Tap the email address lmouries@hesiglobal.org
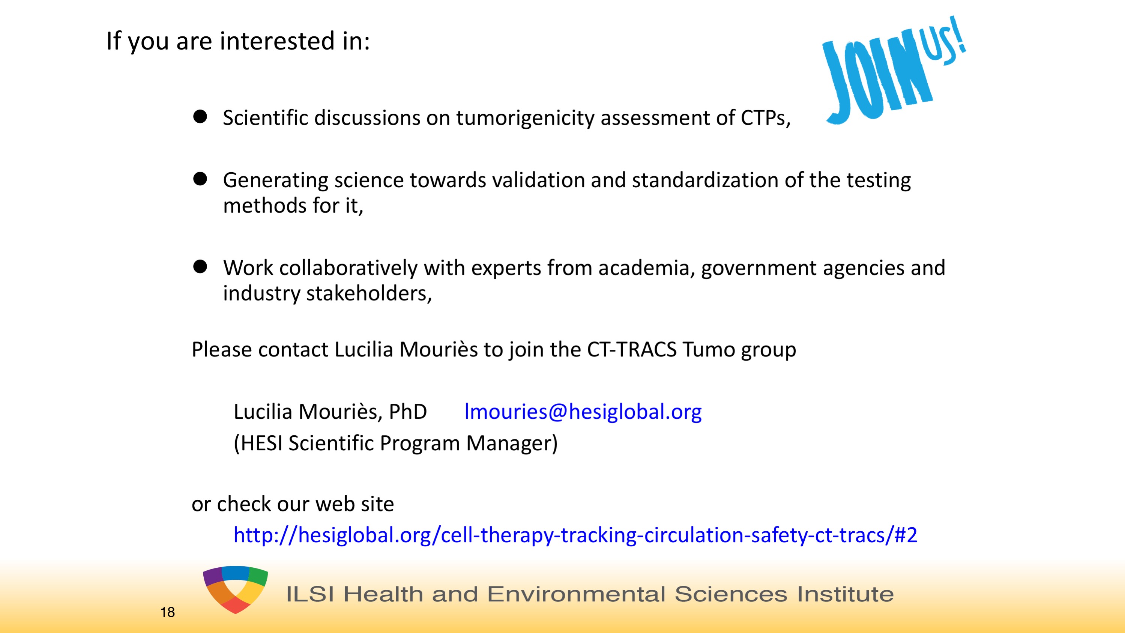[x=583, y=412]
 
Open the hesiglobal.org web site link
[x=575, y=535]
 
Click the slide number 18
[x=168, y=612]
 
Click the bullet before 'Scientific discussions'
[x=200, y=116]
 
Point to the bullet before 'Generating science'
[x=200, y=179]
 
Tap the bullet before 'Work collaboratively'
[x=200, y=266]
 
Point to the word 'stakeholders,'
[x=369, y=293]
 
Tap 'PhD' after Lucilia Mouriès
[x=408, y=412]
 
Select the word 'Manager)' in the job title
[x=512, y=444]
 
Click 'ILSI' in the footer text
[x=311, y=594]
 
